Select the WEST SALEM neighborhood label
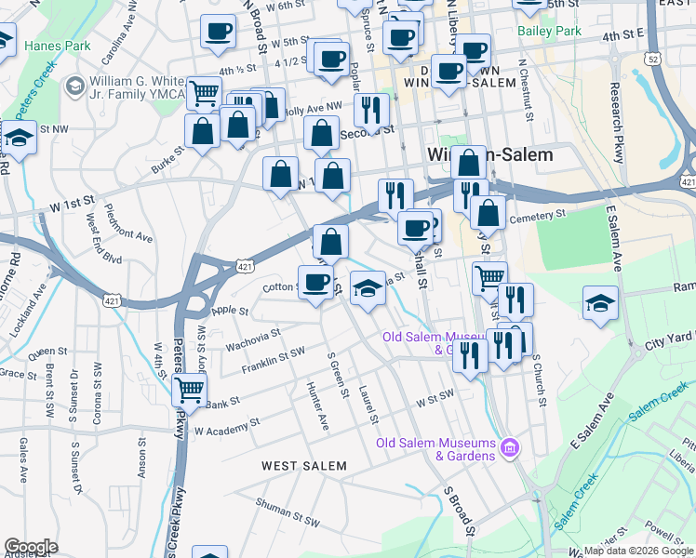(x=303, y=465)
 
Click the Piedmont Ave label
(x=129, y=223)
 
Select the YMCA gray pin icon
(x=74, y=86)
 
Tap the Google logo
(x=31, y=547)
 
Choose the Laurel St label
(x=368, y=405)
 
